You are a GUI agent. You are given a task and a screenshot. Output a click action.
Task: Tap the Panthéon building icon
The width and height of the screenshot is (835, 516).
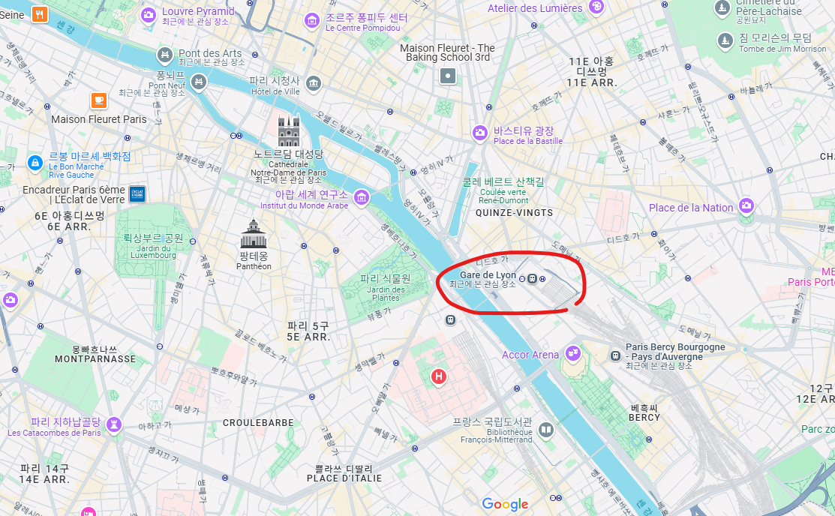[253, 234]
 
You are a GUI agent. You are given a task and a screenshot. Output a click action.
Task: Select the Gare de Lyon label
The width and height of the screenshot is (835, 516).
[488, 275]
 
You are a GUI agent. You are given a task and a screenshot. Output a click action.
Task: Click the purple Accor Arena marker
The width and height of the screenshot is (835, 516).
[573, 352]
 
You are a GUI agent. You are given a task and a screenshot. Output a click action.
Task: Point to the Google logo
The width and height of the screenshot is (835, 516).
[505, 504]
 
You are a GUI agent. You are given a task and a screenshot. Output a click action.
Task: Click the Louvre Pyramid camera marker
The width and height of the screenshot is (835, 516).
[149, 14]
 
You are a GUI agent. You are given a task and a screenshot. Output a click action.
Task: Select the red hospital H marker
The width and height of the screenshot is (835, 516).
[438, 376]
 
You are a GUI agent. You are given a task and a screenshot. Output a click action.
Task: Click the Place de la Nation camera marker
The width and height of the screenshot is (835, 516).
[746, 205]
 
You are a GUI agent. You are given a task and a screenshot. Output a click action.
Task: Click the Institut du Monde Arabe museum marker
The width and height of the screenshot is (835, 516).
[362, 196]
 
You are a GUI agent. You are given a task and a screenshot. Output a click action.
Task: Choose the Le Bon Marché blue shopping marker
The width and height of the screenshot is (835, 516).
[35, 162]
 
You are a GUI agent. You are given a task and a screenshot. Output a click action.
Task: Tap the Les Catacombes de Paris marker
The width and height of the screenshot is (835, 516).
[114, 424]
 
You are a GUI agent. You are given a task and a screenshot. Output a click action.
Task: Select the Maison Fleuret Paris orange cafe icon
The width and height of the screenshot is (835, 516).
[98, 100]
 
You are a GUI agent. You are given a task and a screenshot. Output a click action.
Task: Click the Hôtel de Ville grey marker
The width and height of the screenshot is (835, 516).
[314, 82]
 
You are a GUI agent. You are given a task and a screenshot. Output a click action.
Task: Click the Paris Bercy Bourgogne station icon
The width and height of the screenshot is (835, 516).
[615, 352]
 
